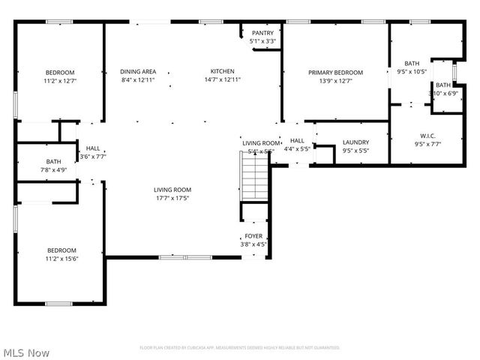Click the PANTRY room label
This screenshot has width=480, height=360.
pyautogui.click(x=262, y=33)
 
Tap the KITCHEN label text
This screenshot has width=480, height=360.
pyautogui.click(x=222, y=72)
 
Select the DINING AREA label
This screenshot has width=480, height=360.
pyautogui.click(x=138, y=72)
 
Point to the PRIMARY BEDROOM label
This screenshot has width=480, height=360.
pyautogui.click(x=335, y=73)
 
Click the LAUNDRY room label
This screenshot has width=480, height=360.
pyautogui.click(x=355, y=142)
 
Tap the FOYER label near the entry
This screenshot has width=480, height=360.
pyautogui.click(x=253, y=236)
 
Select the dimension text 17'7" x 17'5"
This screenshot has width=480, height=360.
pyautogui.click(x=172, y=199)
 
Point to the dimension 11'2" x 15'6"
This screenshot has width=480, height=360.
pyautogui.click(x=61, y=259)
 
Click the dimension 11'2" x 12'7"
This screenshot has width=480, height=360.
pyautogui.click(x=61, y=80)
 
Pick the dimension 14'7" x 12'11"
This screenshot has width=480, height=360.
pyautogui.click(x=222, y=80)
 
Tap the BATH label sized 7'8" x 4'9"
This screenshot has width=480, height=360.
pyautogui.click(x=53, y=161)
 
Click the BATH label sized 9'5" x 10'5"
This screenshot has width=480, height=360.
pyautogui.click(x=412, y=64)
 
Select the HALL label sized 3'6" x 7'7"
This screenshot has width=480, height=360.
pyautogui.click(x=93, y=148)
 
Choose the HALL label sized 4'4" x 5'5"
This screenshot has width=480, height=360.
pyautogui.click(x=297, y=140)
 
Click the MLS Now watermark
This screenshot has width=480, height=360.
pyautogui.click(x=26, y=352)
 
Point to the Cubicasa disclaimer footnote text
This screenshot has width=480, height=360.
pyautogui.click(x=240, y=348)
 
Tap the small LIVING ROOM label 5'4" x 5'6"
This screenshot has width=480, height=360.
pyautogui.click(x=260, y=142)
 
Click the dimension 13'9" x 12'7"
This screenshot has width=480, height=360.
pyautogui.click(x=335, y=81)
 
